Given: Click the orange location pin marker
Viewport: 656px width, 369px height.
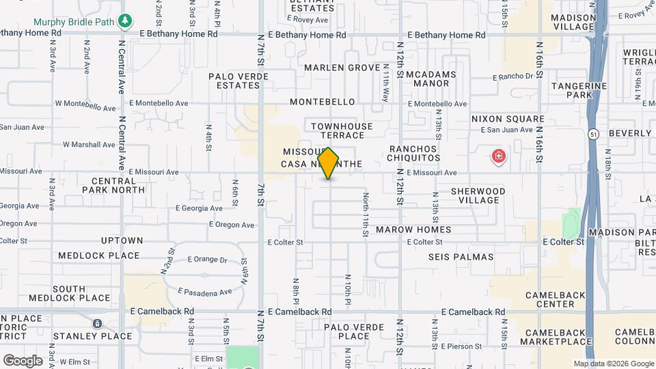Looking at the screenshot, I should [329, 163].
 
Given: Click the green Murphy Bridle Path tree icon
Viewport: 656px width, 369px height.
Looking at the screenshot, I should [124, 21].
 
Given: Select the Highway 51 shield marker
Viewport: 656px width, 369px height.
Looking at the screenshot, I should [592, 135].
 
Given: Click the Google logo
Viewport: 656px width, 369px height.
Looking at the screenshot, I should [23, 360].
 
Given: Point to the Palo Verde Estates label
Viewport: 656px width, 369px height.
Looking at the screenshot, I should [235, 81].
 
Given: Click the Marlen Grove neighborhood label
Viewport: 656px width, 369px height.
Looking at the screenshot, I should [342, 68].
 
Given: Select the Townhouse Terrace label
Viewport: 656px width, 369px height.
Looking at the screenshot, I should [342, 131].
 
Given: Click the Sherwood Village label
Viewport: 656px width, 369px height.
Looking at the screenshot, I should [478, 195].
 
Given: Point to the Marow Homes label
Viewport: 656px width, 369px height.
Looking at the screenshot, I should [413, 230].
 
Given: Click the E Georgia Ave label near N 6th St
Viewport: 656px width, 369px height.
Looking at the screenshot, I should [200, 208].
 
